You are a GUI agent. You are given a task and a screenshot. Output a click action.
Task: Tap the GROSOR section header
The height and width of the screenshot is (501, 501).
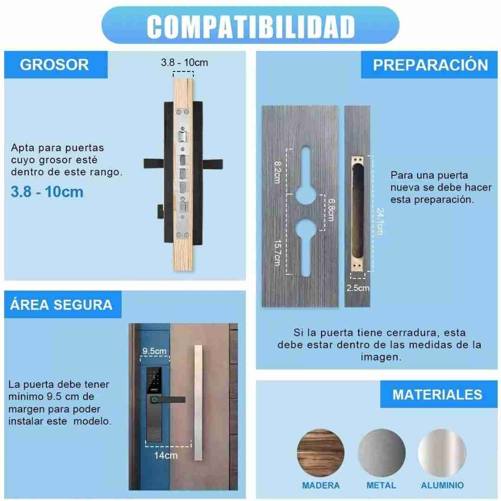click(54, 64)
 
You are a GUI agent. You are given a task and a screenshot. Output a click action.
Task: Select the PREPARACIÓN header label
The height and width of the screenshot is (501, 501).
click(430, 65)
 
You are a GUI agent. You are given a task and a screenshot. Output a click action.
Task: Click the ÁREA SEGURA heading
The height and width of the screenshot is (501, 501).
click(61, 304)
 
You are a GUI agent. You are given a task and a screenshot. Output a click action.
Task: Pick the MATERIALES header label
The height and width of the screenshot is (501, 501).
click(437, 395)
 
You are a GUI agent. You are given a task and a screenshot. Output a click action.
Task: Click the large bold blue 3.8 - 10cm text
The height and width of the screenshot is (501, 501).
click(47, 192)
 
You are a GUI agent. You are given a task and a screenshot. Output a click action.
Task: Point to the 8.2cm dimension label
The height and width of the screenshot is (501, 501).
click(278, 172)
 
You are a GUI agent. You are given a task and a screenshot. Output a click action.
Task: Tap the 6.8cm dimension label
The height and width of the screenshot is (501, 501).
click(332, 210)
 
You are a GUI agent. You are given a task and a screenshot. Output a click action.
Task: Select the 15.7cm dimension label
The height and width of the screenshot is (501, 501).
click(278, 253)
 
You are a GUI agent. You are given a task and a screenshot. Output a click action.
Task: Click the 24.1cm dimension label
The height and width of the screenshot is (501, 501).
click(380, 221)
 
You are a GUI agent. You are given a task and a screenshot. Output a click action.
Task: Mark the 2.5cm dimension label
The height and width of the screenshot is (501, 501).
click(358, 288)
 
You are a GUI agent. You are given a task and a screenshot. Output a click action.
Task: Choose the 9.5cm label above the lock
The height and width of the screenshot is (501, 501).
click(154, 351)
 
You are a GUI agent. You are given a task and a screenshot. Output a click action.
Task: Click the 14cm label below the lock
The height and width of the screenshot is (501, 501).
click(166, 456)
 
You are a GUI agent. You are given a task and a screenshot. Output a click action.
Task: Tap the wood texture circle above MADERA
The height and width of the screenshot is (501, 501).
click(321, 452)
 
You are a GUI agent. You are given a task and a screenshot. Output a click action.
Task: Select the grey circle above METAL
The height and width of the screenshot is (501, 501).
click(381, 452)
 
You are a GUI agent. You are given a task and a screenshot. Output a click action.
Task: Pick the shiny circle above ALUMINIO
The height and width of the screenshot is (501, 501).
click(442, 452)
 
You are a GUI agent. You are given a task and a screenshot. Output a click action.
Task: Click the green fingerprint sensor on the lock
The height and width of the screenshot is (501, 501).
click(154, 399)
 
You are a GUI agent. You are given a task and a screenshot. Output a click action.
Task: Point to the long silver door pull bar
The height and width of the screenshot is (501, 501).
click(199, 403)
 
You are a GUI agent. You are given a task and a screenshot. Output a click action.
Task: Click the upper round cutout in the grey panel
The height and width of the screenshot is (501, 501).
click(306, 193)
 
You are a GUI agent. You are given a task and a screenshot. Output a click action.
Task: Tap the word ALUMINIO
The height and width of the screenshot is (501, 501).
click(442, 485)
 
